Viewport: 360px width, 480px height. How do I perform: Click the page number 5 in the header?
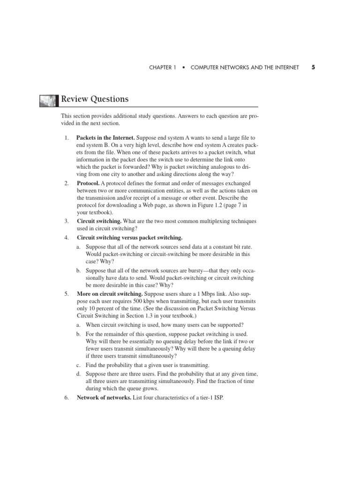coord(313,67)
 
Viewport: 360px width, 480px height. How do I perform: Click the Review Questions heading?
coord(95,99)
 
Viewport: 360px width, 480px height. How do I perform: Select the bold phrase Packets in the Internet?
coord(105,138)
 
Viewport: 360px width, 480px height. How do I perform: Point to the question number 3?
coord(67,220)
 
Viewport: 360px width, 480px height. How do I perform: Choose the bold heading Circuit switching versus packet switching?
coord(129,238)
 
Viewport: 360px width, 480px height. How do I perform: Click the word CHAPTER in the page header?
coord(160,68)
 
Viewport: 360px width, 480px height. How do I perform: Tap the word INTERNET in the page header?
coord(285,68)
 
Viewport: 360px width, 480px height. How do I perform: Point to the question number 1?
coord(67,138)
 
